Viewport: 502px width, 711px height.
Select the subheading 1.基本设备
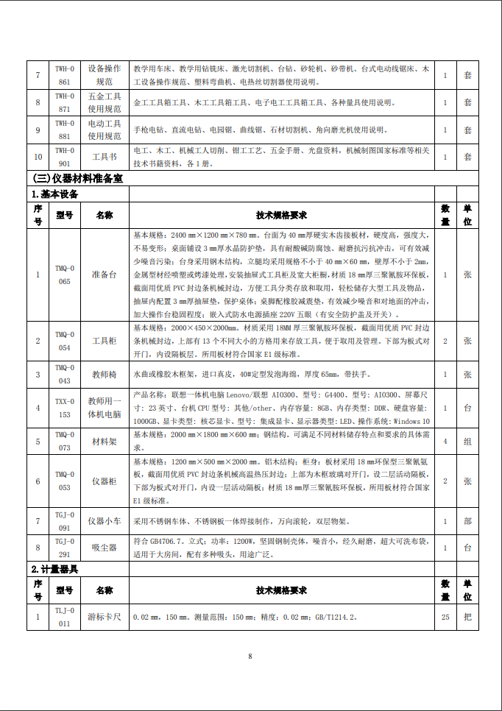55,194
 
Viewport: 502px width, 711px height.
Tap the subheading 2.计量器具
55,569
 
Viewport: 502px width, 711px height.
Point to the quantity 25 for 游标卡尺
445,617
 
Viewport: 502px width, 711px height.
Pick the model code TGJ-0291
65,548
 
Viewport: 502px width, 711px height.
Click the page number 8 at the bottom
250,656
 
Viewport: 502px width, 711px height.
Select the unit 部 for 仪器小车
467,521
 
